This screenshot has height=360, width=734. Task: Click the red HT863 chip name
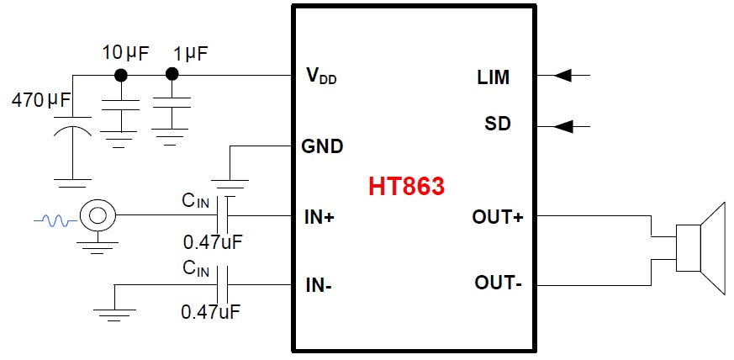click(x=406, y=186)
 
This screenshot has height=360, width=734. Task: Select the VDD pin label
click(x=323, y=77)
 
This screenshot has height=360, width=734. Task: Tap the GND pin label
click(x=322, y=146)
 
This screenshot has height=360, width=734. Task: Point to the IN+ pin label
click(x=319, y=217)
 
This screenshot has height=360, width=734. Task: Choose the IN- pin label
click(x=318, y=284)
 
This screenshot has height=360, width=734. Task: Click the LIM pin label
click(x=492, y=78)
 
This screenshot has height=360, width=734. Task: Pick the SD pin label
click(x=497, y=124)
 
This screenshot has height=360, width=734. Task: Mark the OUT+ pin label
click(x=499, y=217)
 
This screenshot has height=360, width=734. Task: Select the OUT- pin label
click(x=498, y=283)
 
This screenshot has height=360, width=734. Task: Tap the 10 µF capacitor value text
click(x=125, y=54)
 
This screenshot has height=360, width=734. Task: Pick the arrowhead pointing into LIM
click(x=564, y=76)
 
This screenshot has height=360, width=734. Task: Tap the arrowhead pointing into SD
click(x=564, y=126)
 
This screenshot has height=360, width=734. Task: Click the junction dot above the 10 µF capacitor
click(x=121, y=75)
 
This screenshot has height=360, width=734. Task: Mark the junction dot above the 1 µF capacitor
click(x=172, y=75)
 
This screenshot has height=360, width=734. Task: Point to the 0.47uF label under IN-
click(x=211, y=311)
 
